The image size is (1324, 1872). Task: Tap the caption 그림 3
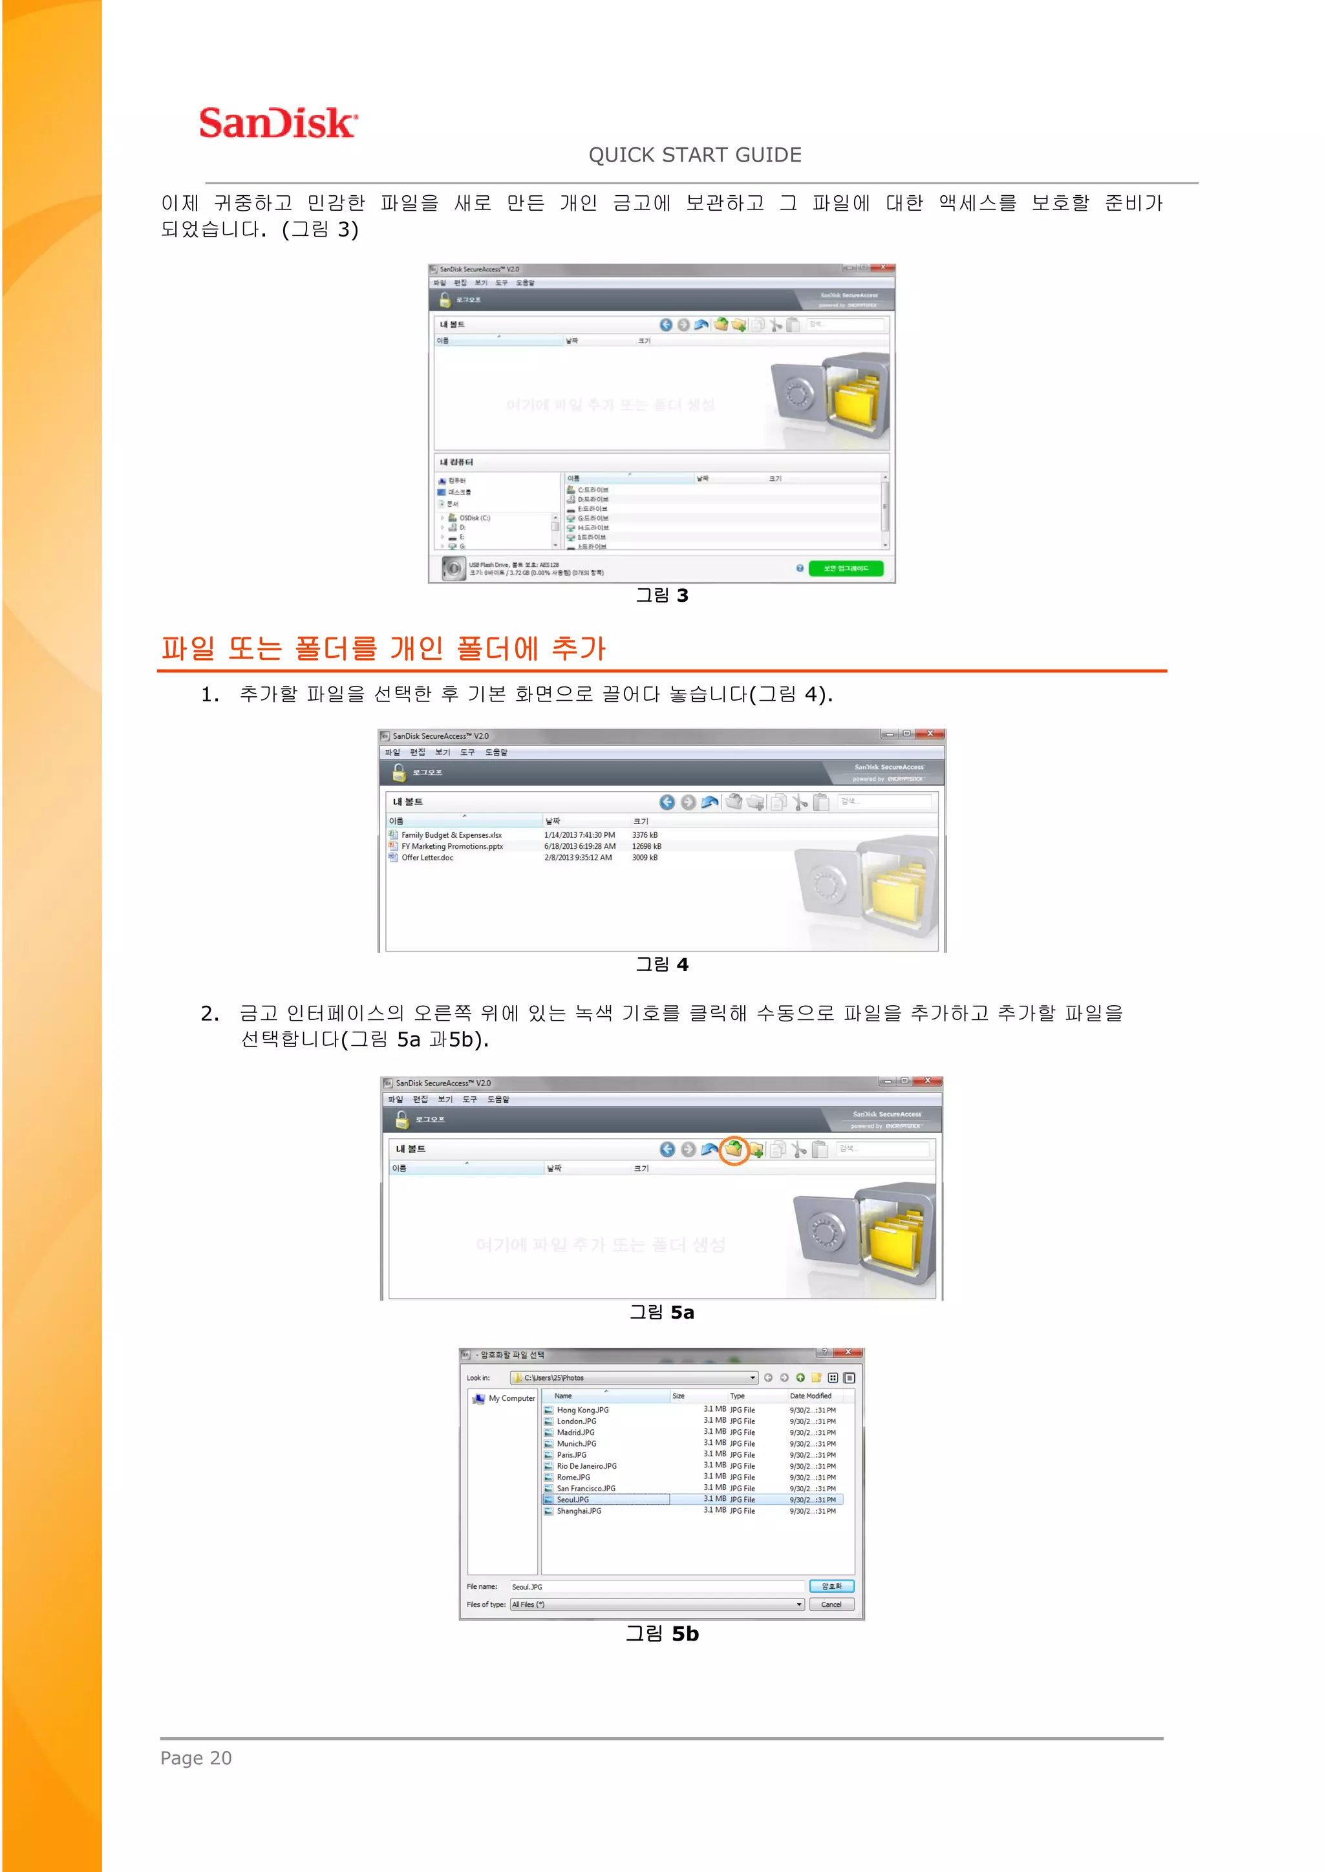(x=661, y=595)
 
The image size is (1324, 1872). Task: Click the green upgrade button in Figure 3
(x=846, y=568)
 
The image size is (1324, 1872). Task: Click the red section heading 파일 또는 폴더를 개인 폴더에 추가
(x=383, y=648)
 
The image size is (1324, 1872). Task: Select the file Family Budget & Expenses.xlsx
(x=451, y=835)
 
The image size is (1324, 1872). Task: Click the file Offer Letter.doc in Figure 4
(x=427, y=858)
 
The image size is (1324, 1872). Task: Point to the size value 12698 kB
(x=646, y=846)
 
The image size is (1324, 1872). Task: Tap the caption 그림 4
(x=661, y=964)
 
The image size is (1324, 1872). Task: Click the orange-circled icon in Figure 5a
(x=734, y=1149)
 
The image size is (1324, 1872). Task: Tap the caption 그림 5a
(x=661, y=1312)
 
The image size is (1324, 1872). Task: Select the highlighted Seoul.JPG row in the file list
(x=573, y=1500)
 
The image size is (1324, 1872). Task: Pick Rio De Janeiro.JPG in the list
(x=586, y=1466)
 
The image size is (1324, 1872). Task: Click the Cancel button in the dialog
(x=831, y=1604)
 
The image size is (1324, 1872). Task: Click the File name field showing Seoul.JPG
(x=656, y=1587)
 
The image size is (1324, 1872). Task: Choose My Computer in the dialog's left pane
(x=511, y=1398)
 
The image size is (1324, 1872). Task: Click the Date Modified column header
(x=811, y=1396)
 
